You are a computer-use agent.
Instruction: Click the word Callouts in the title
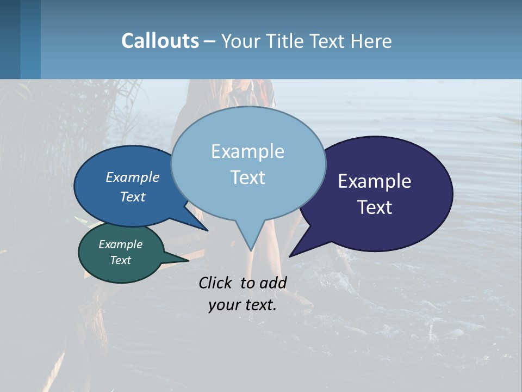160,41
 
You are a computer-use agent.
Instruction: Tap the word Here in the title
371,41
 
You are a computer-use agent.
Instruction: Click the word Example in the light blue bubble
247,151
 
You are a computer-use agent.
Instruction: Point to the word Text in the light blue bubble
247,177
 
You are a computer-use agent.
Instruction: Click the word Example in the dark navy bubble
375,181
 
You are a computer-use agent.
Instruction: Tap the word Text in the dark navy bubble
375,207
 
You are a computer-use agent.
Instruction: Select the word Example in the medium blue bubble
133,177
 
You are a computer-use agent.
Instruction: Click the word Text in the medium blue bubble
133,197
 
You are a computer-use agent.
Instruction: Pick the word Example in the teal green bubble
120,244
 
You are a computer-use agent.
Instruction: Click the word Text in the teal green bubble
120,260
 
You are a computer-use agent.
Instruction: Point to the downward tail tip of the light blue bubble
251,250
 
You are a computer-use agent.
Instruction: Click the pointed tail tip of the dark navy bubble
290,256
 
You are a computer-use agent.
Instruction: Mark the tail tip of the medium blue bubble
207,230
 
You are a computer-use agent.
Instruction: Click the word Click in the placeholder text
216,283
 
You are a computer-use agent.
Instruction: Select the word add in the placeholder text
272,283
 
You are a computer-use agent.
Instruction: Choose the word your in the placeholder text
224,305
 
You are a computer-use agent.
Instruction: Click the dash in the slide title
210,41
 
